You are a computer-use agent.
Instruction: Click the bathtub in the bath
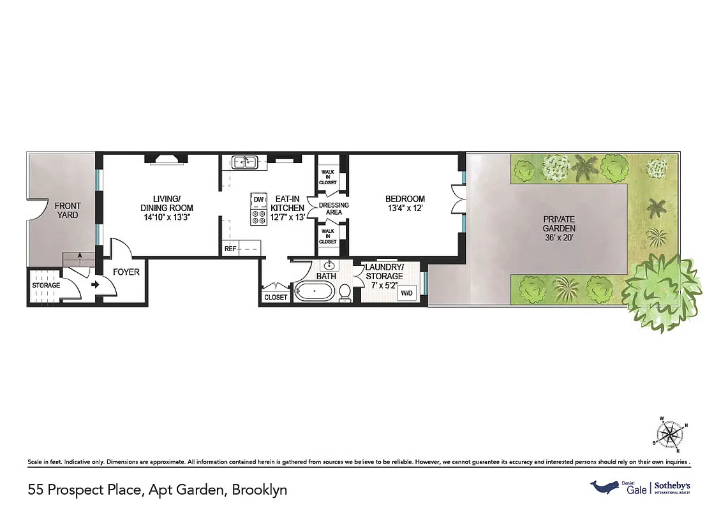[313, 294]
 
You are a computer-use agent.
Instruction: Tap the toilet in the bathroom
[345, 293]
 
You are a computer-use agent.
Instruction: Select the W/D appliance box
[405, 294]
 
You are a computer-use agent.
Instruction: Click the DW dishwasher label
[258, 200]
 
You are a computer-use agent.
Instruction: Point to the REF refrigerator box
[230, 249]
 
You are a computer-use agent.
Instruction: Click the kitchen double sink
[245, 163]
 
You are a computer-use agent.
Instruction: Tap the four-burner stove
[258, 217]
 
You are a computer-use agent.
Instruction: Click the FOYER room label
[126, 272]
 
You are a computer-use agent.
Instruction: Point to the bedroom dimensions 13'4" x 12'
[405, 208]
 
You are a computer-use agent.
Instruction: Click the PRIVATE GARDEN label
[559, 224]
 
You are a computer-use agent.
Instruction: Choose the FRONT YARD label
[68, 210]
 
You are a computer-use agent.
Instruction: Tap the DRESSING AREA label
[334, 209]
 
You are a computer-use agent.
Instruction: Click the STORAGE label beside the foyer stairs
[46, 285]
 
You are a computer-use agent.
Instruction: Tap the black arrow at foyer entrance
[96, 285]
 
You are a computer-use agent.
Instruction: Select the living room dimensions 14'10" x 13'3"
[167, 217]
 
